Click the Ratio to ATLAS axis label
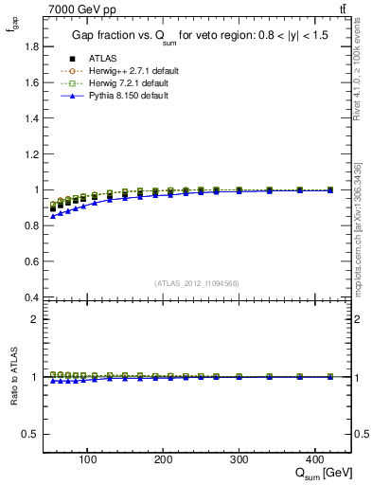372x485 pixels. tap(13, 377)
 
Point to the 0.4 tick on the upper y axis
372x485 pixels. tap(30, 297)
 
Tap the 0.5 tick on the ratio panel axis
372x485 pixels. tap(30, 434)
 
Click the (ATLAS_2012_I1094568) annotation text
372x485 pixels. tap(196, 283)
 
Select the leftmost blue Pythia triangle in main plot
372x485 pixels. tap(53, 217)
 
